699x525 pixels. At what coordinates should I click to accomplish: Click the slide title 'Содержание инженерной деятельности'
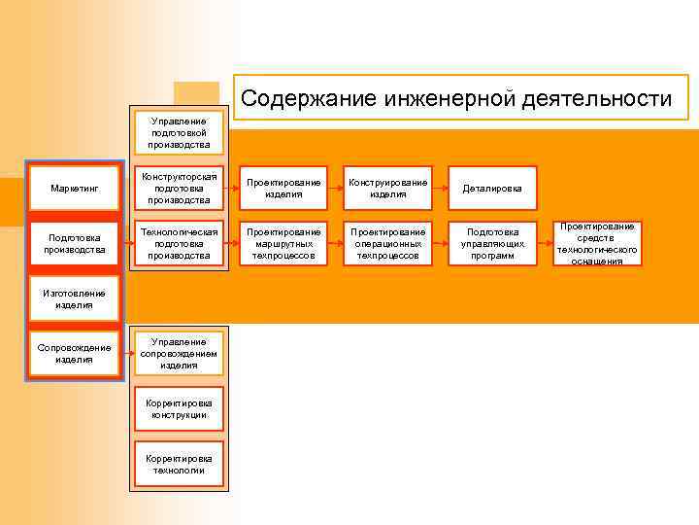pyautogui.click(x=456, y=98)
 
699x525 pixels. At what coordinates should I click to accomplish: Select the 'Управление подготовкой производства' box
pyautogui.click(x=179, y=132)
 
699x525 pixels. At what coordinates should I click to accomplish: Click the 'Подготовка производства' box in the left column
pyautogui.click(x=75, y=243)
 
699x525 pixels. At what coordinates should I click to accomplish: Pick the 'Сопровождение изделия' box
pyautogui.click(x=75, y=353)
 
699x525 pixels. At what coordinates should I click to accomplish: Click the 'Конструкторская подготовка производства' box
pyautogui.click(x=179, y=188)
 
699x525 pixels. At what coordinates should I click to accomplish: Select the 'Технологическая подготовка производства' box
pyautogui.click(x=179, y=243)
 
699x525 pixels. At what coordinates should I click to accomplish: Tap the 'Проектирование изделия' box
pyautogui.click(x=283, y=188)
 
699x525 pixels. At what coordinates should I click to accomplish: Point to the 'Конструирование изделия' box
pyautogui.click(x=388, y=188)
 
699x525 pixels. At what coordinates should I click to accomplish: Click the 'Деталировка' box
pyautogui.click(x=492, y=188)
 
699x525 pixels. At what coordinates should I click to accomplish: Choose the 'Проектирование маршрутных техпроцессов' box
pyautogui.click(x=283, y=244)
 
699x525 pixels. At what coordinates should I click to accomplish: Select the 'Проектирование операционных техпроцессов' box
pyautogui.click(x=388, y=244)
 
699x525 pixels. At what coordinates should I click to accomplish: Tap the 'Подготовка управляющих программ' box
pyautogui.click(x=492, y=244)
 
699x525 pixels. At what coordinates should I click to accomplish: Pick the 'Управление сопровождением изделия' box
pyautogui.click(x=179, y=353)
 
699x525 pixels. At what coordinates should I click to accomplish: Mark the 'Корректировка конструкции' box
pyautogui.click(x=179, y=408)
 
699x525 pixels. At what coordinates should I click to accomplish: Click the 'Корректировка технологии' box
pyautogui.click(x=179, y=464)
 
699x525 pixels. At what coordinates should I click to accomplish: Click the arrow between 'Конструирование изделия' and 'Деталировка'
pyautogui.click(x=440, y=188)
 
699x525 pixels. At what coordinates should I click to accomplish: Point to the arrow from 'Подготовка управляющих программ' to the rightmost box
pyautogui.click(x=545, y=244)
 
